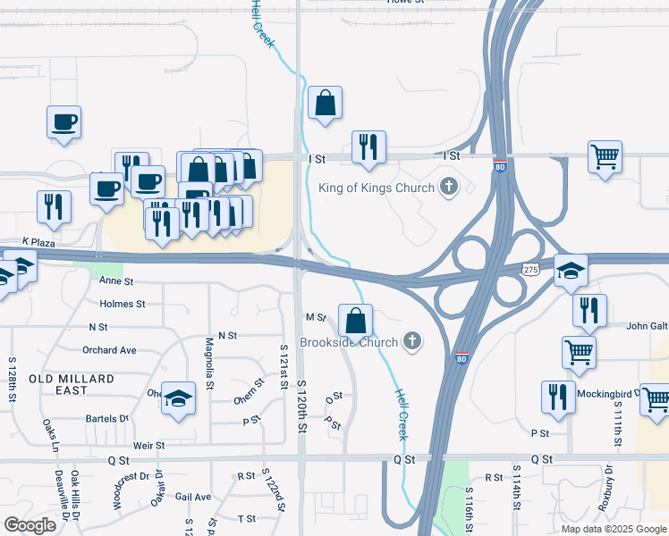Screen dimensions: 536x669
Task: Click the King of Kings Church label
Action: [377, 188]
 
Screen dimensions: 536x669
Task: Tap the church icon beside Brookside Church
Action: [412, 340]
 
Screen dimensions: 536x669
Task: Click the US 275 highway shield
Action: [532, 268]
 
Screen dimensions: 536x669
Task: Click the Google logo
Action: [30, 525]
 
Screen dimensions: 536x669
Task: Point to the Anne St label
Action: [116, 281]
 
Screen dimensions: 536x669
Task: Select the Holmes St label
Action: [123, 304]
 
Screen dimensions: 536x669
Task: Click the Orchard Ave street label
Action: [109, 350]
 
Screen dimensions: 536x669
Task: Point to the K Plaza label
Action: [39, 242]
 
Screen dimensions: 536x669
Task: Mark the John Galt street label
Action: [647, 326]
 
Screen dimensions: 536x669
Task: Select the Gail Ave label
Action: [193, 497]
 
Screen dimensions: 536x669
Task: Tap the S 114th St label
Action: [517, 487]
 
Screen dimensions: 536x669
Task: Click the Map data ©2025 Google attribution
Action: [614, 529]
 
